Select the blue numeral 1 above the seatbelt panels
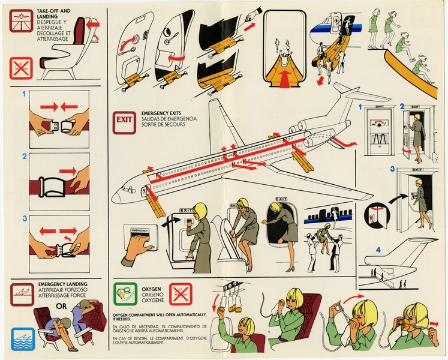24,94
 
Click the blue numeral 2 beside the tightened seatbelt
24,157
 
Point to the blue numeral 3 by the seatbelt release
24,218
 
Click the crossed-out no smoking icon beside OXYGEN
180,295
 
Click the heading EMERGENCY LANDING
63,283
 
